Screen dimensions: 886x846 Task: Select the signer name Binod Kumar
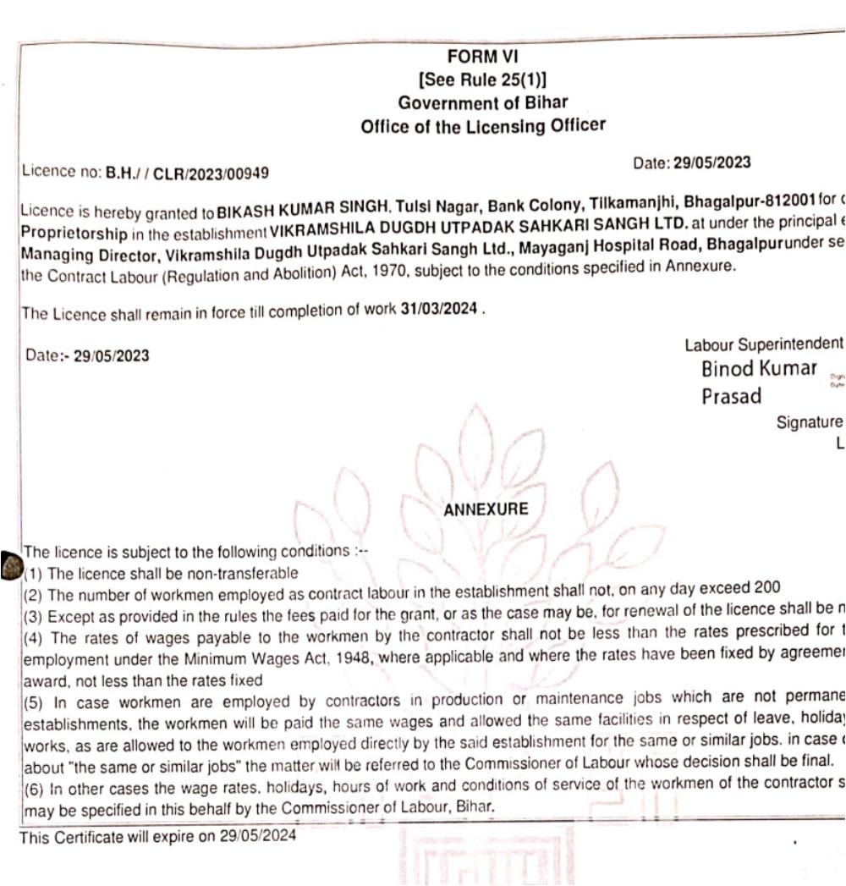[x=760, y=370]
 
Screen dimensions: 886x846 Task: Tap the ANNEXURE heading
[x=485, y=509]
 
